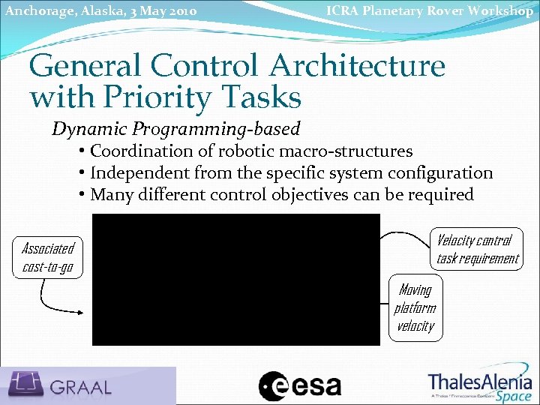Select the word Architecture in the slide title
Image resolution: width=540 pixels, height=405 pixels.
[357, 66]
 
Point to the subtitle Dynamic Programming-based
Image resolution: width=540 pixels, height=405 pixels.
[175, 128]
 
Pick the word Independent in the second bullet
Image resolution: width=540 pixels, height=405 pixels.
[139, 172]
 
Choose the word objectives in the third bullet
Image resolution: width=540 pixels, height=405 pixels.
[310, 194]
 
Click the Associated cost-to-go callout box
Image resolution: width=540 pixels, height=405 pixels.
[48, 257]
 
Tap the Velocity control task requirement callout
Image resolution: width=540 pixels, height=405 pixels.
[477, 249]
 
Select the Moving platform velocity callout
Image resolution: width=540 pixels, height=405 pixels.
[415, 307]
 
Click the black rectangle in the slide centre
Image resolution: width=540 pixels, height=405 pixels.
[235, 279]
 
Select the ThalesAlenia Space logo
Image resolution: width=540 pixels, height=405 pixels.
[480, 385]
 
